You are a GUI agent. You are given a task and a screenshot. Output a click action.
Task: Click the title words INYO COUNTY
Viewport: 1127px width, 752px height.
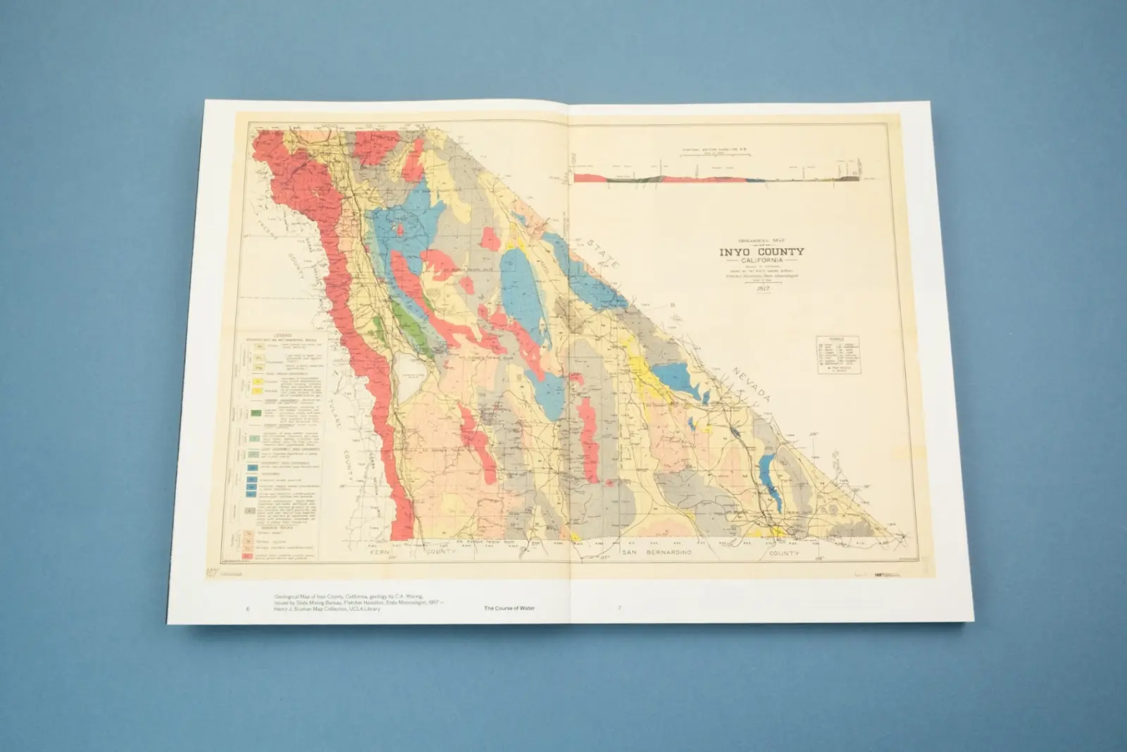(761, 252)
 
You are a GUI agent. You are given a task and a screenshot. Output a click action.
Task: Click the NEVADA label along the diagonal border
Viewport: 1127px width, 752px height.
(752, 384)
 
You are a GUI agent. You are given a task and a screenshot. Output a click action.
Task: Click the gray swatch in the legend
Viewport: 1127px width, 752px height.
(249, 510)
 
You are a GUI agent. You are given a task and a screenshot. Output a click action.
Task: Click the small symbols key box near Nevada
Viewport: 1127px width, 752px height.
(838, 355)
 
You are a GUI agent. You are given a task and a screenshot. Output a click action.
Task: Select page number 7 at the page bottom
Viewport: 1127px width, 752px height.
(619, 608)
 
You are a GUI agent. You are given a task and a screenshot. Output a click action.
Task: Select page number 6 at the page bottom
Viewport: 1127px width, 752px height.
(248, 608)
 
